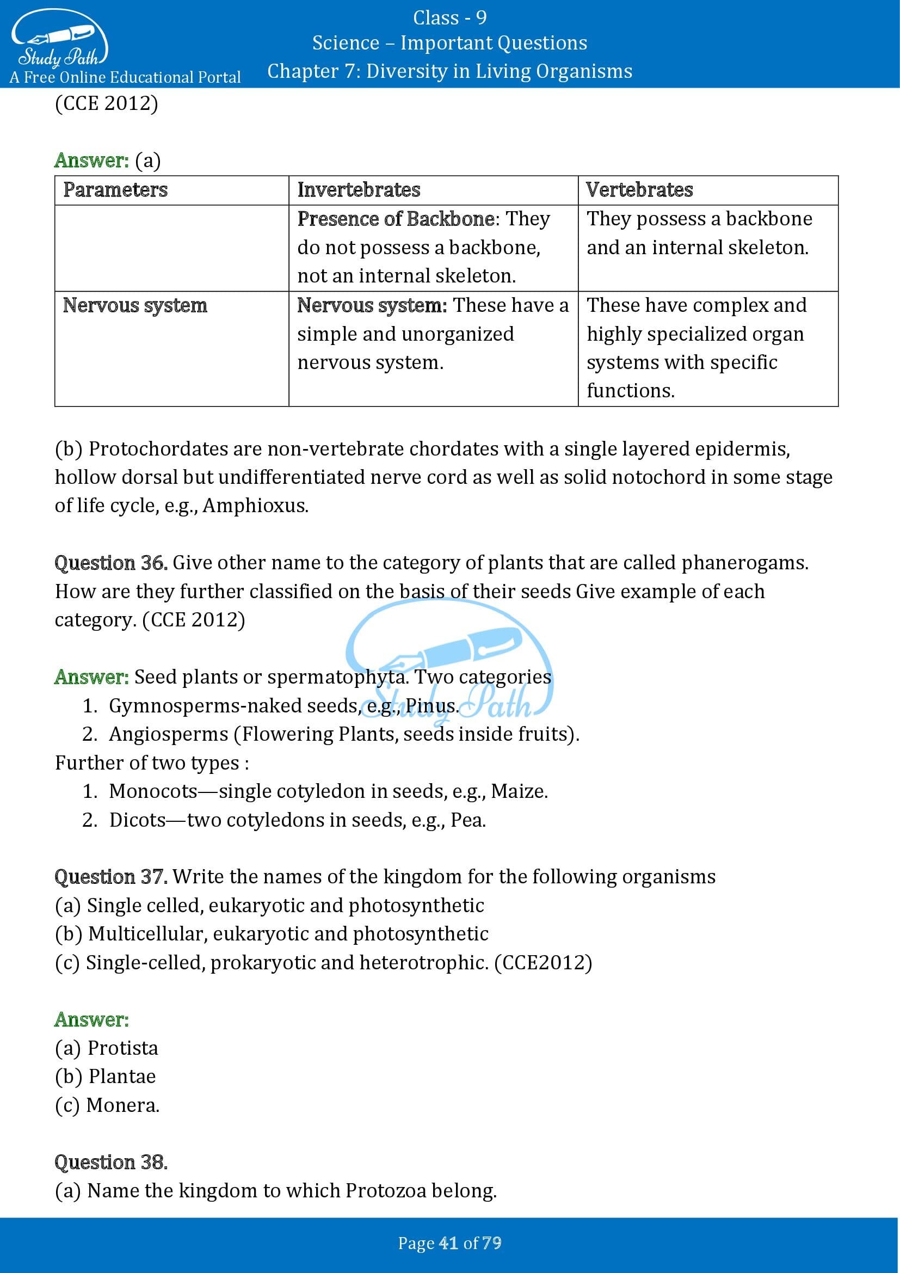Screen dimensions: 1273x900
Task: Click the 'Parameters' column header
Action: pyautogui.click(x=115, y=189)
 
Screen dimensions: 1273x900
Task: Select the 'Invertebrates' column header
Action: pyautogui.click(x=359, y=189)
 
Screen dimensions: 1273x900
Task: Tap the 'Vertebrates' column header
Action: pyautogui.click(x=639, y=189)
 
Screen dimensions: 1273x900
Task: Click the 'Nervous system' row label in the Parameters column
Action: pyautogui.click(x=134, y=305)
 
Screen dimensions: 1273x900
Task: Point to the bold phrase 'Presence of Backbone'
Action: pyautogui.click(x=396, y=218)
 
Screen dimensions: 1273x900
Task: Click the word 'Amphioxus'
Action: pyautogui.click(x=255, y=505)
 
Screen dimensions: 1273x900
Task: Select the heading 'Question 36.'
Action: pyautogui.click(x=111, y=563)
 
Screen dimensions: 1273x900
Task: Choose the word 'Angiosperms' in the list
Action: pyautogui.click(x=169, y=734)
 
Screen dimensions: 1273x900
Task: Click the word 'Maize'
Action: pyautogui.click(x=518, y=791)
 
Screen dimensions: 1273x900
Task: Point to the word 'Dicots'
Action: pyautogui.click(x=138, y=820)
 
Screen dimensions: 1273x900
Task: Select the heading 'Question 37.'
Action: pyautogui.click(x=111, y=877)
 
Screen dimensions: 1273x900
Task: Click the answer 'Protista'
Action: pyautogui.click(x=122, y=1048)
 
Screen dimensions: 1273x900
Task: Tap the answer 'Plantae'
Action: pyautogui.click(x=122, y=1076)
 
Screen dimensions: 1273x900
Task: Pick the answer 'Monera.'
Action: pyautogui.click(x=123, y=1105)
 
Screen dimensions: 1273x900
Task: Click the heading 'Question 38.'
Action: pyautogui.click(x=111, y=1162)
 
